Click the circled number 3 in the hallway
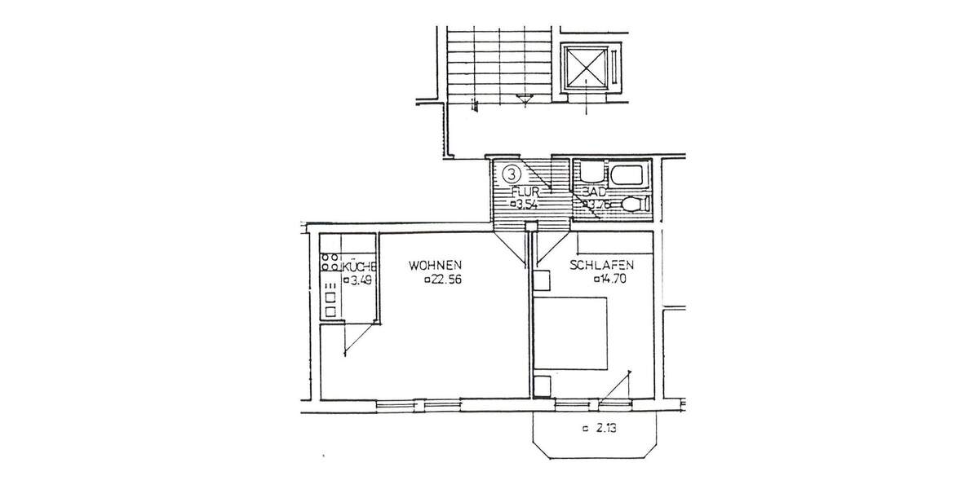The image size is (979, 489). [510, 173]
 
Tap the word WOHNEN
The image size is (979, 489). [436, 265]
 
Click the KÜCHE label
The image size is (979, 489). [359, 267]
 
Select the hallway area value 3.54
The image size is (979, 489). [524, 205]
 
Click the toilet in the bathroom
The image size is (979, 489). [633, 204]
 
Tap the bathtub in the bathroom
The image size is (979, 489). [627, 175]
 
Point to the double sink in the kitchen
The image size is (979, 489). [331, 303]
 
